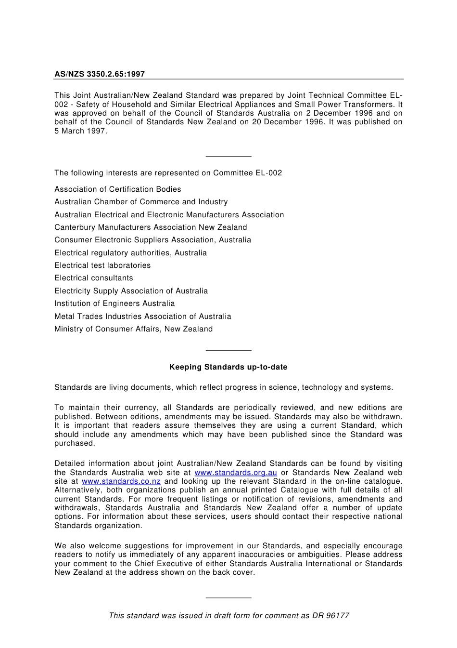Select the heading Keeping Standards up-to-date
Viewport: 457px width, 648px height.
tap(228, 367)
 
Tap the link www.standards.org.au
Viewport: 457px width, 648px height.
tap(235, 473)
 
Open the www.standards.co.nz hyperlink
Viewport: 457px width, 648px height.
tap(121, 481)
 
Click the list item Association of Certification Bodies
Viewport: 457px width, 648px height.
tap(117, 189)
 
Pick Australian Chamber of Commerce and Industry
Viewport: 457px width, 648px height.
tap(141, 202)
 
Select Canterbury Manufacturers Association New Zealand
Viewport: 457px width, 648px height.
tap(151, 227)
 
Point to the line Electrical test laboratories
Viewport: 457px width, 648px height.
tap(102, 265)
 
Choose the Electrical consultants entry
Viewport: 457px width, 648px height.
tap(94, 278)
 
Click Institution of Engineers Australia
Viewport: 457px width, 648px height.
tap(114, 304)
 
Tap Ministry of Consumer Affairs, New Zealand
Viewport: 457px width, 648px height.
tap(133, 329)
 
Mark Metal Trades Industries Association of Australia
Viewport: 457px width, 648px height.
tap(142, 317)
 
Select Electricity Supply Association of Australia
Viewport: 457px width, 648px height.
tap(131, 291)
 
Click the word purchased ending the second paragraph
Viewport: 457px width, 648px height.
tap(75, 443)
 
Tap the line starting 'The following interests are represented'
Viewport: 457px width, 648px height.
tap(168, 173)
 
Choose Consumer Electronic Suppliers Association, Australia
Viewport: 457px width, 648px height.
tap(152, 240)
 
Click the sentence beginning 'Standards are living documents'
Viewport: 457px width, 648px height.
tap(223, 387)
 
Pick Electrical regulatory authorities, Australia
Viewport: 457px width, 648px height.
tap(130, 253)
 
